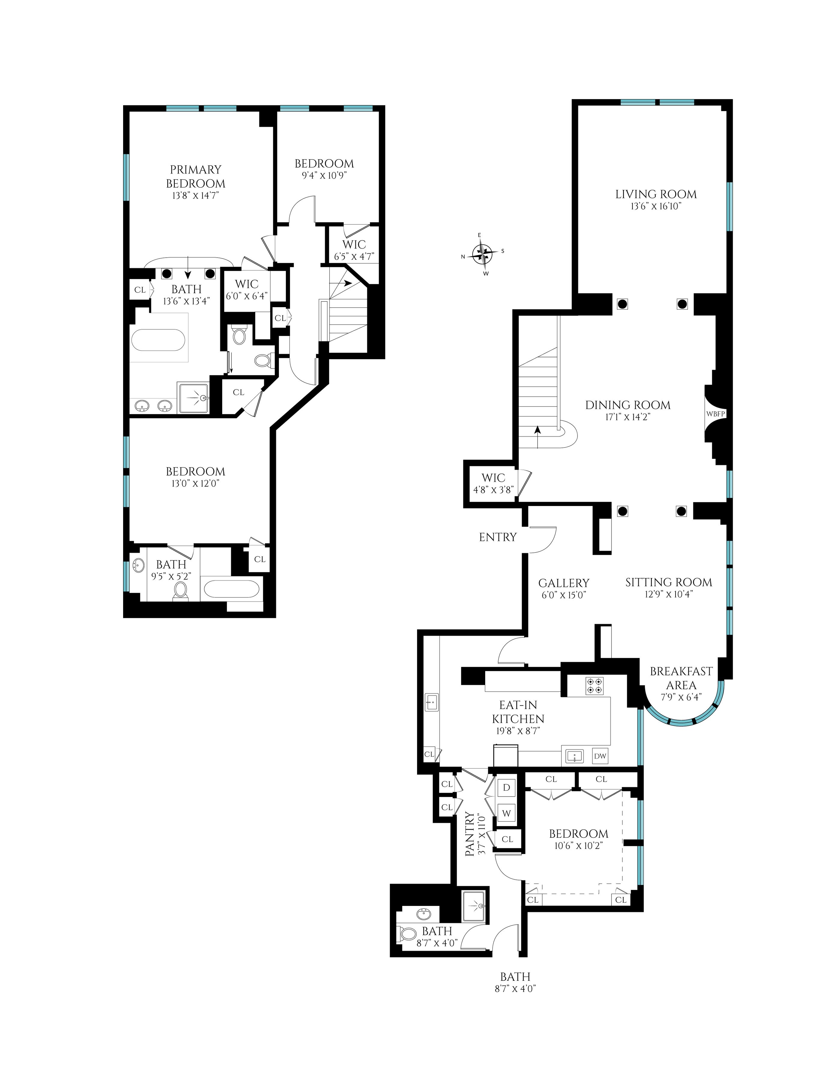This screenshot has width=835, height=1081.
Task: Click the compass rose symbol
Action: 483,254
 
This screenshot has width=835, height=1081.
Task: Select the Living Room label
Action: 656,195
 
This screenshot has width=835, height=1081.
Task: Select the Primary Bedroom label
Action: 195,177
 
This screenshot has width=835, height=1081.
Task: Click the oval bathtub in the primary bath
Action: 159,341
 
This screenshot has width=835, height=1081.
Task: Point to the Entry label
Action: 498,537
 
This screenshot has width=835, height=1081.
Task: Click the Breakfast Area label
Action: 681,678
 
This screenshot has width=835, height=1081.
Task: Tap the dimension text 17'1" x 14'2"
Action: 628,417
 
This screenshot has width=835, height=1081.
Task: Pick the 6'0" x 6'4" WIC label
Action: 247,289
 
